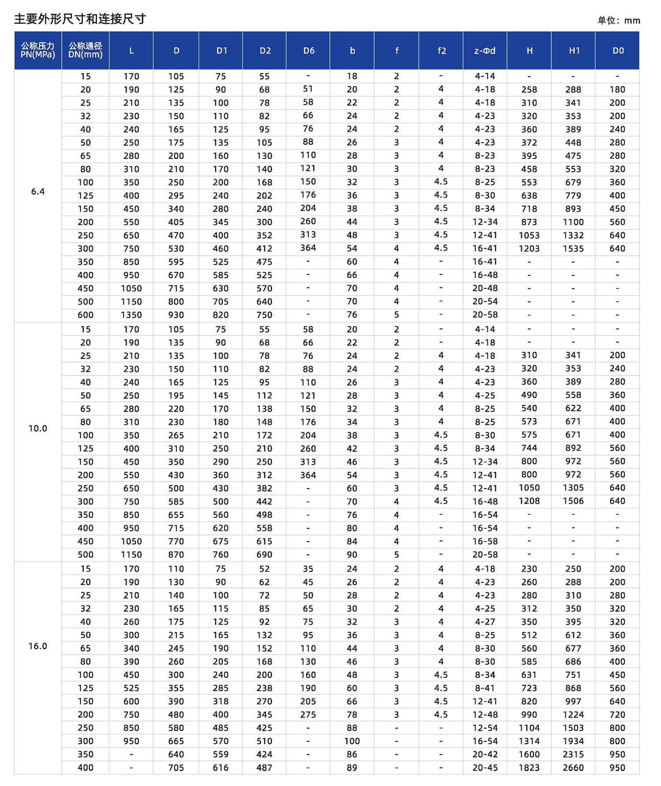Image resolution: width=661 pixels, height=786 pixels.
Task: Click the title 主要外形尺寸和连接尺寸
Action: click(x=80, y=19)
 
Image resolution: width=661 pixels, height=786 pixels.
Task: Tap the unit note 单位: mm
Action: click(x=618, y=21)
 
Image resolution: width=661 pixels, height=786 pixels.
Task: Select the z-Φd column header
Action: click(x=485, y=51)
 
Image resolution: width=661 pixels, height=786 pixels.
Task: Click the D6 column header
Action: click(x=308, y=51)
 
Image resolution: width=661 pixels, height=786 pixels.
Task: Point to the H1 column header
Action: click(x=574, y=51)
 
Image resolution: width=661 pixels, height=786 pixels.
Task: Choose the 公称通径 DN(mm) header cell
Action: click(x=85, y=50)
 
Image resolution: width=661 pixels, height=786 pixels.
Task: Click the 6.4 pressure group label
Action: click(x=38, y=191)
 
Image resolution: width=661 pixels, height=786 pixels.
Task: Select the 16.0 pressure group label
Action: click(x=38, y=646)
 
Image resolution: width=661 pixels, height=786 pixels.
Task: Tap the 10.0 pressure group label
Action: click(x=38, y=428)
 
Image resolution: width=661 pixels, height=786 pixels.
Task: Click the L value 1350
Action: click(x=131, y=315)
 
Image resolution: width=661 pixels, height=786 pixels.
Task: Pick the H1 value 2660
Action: click(x=573, y=768)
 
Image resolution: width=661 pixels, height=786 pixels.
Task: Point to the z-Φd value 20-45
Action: click(x=485, y=768)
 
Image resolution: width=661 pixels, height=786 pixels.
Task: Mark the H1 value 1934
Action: click(x=573, y=741)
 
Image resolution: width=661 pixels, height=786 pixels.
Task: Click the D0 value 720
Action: click(x=617, y=715)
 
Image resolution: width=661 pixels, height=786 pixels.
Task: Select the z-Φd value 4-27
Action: click(x=485, y=622)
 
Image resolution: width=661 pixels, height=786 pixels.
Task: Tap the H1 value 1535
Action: click(x=573, y=249)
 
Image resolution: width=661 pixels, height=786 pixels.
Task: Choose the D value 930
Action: click(x=176, y=315)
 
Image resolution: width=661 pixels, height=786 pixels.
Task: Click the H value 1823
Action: click(x=529, y=768)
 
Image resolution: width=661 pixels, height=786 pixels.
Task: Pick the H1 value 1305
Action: click(x=573, y=488)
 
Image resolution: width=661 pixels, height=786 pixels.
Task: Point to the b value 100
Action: click(x=352, y=741)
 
